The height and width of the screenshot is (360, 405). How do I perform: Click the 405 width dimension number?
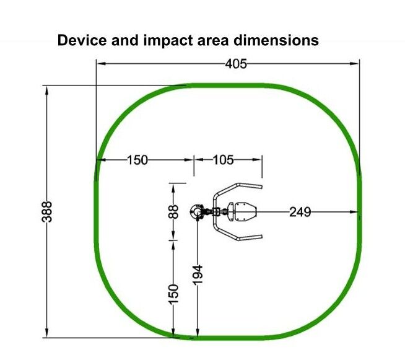click(236, 64)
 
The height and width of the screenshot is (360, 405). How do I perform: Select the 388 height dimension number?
click(46, 212)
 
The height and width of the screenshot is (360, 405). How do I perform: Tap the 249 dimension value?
click(300, 212)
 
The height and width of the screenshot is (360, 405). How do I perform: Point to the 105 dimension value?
click(224, 160)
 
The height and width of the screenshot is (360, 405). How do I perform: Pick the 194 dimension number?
click(198, 275)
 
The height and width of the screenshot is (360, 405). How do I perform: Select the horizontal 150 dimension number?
click(137, 160)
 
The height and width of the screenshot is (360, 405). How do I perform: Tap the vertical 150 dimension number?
click(173, 294)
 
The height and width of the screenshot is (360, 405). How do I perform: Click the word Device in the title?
click(82, 40)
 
